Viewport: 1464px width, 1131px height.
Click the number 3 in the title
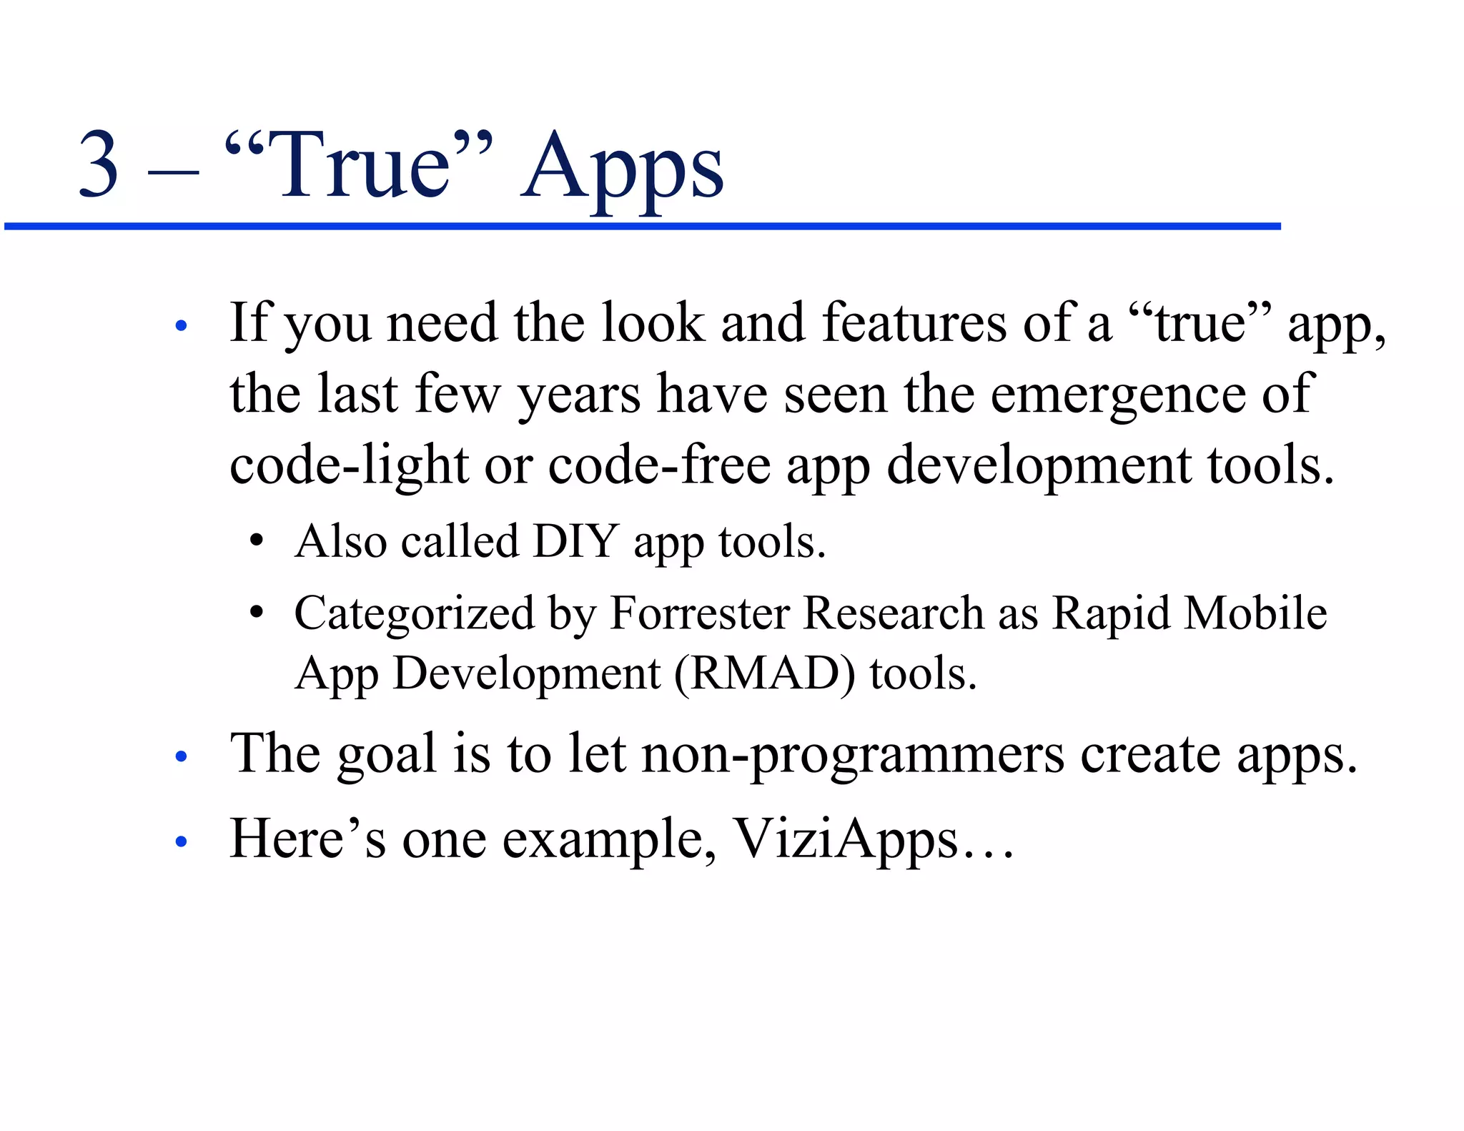point(99,164)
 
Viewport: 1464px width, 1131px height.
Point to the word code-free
point(659,465)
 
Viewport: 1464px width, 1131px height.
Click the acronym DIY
point(575,541)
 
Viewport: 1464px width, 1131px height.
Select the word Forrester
point(699,613)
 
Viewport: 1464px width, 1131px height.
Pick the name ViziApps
point(846,839)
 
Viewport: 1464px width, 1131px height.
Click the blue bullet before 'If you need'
point(182,327)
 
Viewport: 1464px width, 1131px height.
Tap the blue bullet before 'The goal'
point(182,756)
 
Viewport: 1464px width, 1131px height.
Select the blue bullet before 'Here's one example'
point(182,841)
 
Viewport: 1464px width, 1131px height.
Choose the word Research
point(893,613)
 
